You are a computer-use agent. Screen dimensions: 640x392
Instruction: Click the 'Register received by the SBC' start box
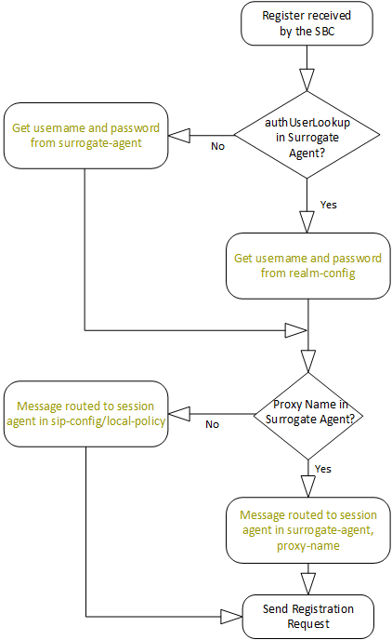307,23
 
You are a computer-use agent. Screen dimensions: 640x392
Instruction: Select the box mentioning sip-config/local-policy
85,412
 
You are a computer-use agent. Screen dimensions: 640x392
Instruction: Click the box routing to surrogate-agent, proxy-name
307,529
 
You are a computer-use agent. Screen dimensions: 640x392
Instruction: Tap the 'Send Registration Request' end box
307,615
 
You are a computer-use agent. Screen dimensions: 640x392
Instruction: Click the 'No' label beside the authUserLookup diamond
218,146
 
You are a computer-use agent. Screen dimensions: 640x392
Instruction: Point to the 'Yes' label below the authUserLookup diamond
329,202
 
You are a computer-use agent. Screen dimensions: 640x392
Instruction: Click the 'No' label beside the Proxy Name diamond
212,423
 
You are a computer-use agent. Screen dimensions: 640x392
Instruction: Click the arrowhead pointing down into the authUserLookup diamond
307,80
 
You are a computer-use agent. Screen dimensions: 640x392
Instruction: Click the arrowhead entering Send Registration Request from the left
231,616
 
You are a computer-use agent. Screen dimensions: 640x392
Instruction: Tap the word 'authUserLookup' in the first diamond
307,122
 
